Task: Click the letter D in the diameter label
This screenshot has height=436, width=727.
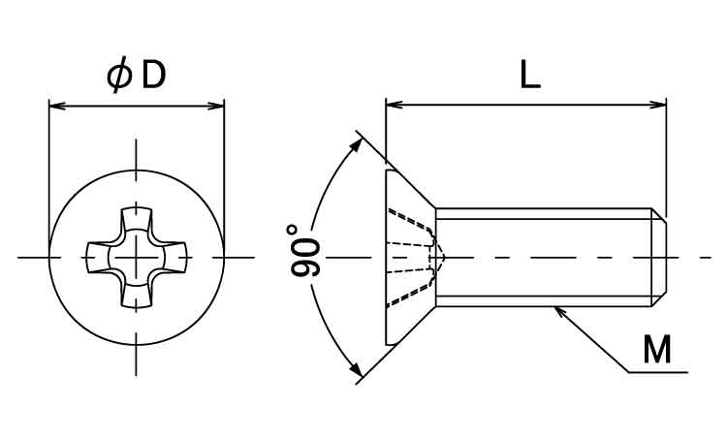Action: (154, 76)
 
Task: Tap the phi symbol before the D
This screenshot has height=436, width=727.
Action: (119, 76)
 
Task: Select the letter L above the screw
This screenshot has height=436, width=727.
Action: (530, 75)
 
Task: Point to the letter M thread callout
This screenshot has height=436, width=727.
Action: (657, 350)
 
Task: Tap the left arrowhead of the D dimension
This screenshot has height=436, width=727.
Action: (57, 107)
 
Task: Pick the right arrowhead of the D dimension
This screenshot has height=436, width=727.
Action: (215, 107)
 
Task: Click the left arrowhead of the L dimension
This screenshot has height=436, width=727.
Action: (395, 105)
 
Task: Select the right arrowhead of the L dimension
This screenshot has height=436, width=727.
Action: (657, 105)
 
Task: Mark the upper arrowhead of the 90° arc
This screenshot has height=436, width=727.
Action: (355, 146)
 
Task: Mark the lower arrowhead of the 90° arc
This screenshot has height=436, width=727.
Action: (355, 369)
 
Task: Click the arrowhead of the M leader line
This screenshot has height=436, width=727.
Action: (560, 312)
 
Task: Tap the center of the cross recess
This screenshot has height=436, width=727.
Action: (136, 257)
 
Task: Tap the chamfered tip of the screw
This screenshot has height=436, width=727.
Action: (659, 257)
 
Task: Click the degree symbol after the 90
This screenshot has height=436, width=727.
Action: (292, 229)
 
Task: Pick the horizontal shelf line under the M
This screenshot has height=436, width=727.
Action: (658, 372)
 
